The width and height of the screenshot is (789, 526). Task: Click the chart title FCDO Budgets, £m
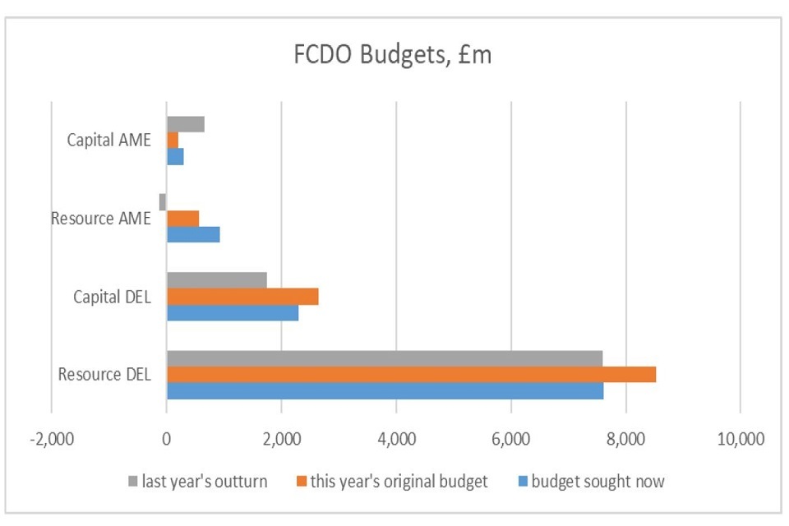pos(393,56)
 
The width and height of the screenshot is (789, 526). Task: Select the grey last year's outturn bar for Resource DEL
pos(384,358)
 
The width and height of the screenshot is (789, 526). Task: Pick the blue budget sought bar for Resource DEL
pos(385,390)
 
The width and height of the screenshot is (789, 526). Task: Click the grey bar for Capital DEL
pos(216,280)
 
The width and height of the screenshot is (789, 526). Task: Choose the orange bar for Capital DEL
pos(242,296)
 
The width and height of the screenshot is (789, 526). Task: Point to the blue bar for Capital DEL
pos(233,312)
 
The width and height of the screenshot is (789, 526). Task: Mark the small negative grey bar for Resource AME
pos(163,201)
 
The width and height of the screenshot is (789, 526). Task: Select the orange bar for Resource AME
pos(182,218)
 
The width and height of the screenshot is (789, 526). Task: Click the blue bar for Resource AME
pos(193,234)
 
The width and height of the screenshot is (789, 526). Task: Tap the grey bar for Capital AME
pos(185,124)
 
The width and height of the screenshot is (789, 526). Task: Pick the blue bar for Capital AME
pos(175,156)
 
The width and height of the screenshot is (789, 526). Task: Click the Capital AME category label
pos(109,140)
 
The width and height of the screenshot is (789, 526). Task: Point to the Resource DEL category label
pos(104,375)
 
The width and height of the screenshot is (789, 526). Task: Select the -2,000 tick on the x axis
pos(51,438)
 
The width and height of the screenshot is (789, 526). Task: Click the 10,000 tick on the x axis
pos(740,438)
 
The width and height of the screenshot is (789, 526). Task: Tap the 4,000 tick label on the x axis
pos(395,438)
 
